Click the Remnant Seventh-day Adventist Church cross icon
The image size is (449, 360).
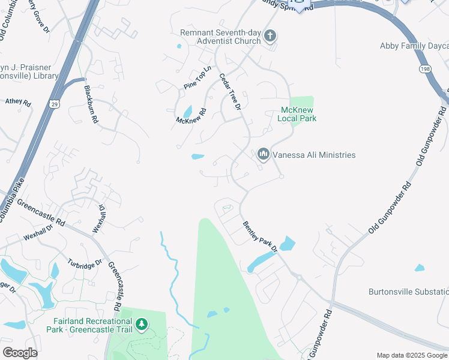click(270, 36)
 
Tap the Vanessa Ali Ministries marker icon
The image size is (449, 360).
click(263, 155)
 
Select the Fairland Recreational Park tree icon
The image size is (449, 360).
click(142, 325)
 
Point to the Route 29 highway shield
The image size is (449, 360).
click(53, 105)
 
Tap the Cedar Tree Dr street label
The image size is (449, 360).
click(230, 92)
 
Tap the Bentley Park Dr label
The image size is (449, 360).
click(260, 236)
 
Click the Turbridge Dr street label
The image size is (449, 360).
click(83, 264)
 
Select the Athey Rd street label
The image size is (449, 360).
click(18, 102)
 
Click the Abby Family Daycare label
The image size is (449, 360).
click(414, 46)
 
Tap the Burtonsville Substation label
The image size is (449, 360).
click(408, 292)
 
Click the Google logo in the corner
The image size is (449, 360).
click(19, 352)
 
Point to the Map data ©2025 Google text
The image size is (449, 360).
click(411, 355)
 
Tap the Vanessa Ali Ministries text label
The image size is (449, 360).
click(314, 155)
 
